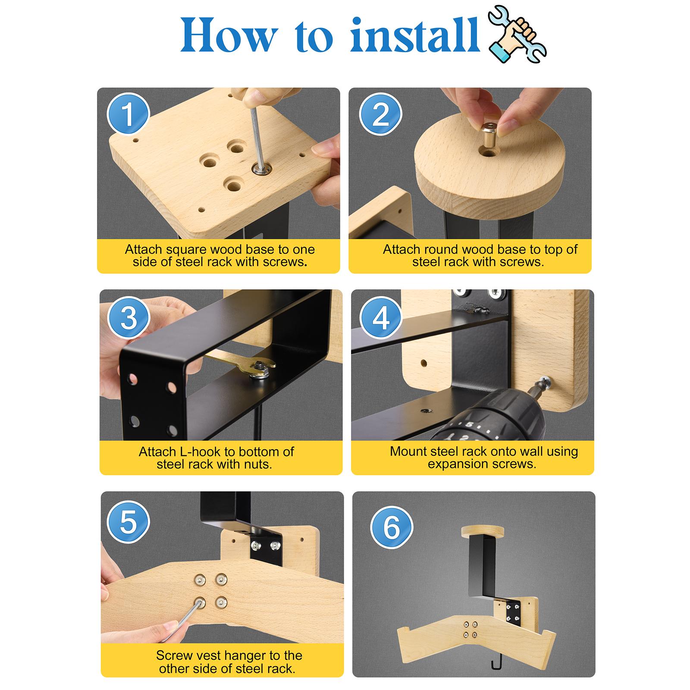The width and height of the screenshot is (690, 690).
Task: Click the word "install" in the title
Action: click(x=415, y=35)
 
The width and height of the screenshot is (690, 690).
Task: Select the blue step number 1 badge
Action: click(x=128, y=114)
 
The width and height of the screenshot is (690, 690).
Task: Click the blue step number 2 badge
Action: click(x=380, y=114)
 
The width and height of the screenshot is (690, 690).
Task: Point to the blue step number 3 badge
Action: click(x=129, y=318)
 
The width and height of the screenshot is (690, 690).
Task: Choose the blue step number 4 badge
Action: click(x=381, y=318)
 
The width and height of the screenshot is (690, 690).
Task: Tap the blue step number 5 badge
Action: click(x=129, y=522)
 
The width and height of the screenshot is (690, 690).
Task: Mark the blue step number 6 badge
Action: click(x=392, y=527)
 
